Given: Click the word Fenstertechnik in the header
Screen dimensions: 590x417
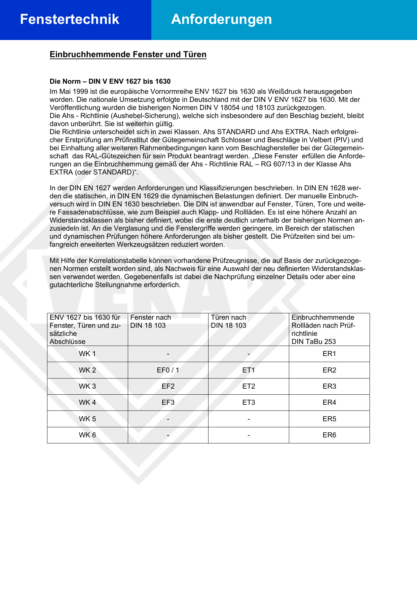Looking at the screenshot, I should point(70,19).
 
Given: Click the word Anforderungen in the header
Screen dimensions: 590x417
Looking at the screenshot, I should point(221,19).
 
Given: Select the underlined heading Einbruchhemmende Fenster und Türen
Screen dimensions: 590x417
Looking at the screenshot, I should point(128,54).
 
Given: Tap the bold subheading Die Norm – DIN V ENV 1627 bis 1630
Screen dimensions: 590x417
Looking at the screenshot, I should point(110,81).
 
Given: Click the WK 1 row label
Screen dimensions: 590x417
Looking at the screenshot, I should point(87,354).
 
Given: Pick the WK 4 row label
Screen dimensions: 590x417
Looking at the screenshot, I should point(87,402).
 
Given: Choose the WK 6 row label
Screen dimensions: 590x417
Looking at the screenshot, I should point(87,435).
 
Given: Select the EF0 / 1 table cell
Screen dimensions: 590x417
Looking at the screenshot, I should point(168,370).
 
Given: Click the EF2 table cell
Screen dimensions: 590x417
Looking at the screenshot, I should point(168,386).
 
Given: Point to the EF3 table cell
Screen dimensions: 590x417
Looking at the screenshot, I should point(168,402).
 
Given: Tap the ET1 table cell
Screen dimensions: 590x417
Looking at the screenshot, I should point(249,370).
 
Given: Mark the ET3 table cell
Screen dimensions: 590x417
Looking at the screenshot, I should point(249,402).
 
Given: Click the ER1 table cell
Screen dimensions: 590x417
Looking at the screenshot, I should point(329,354).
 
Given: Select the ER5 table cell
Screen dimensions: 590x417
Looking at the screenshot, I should point(329,419).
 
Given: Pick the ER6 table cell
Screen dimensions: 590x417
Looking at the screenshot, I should point(329,435).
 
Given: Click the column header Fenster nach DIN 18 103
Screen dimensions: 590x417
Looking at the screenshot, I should point(151,321).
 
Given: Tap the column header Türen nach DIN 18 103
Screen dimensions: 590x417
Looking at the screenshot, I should point(229,321).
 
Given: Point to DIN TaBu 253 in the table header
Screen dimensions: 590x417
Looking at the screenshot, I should point(313,342).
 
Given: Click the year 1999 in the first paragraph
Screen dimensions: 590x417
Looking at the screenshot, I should point(80,91).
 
